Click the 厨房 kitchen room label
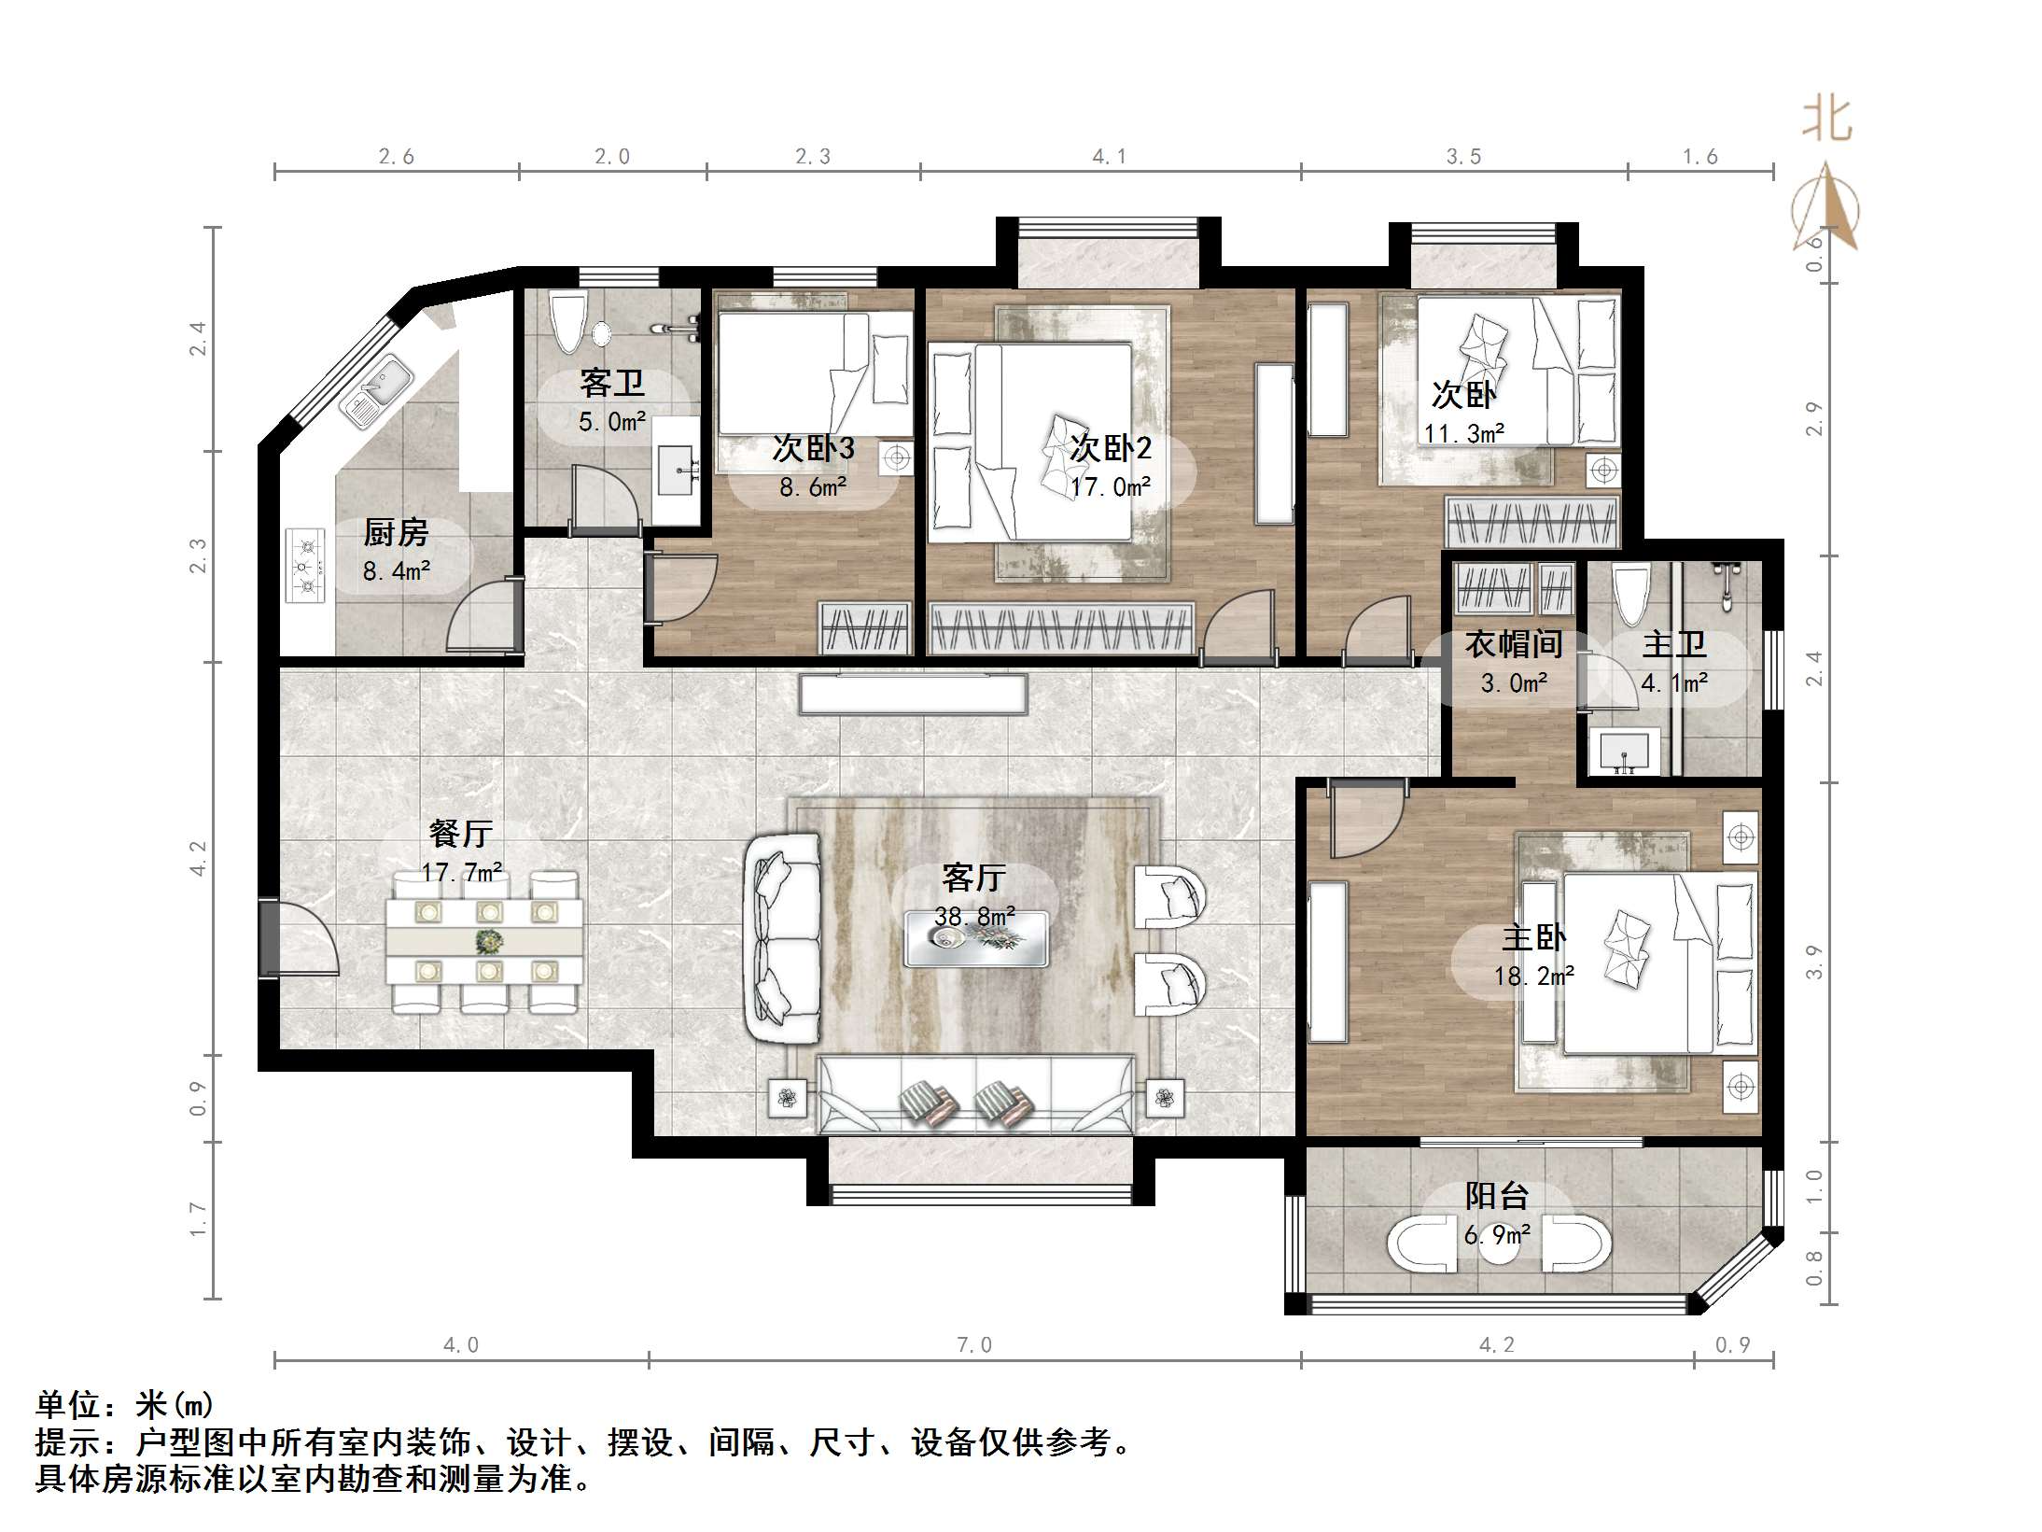pyautogui.click(x=396, y=533)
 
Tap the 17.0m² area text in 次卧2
pyautogui.click(x=1111, y=486)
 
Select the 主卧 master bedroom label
pyautogui.click(x=1534, y=937)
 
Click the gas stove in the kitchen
pyautogui.click(x=305, y=566)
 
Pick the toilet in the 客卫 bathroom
pyautogui.click(x=567, y=321)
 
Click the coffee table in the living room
pyautogui.click(x=976, y=938)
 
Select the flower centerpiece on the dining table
pyautogui.click(x=486, y=940)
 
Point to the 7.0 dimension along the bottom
pyautogui.click(x=974, y=1344)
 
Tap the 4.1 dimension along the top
pyautogui.click(x=1110, y=157)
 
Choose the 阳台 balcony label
pyautogui.click(x=1497, y=1196)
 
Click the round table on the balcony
pyautogui.click(x=1500, y=1242)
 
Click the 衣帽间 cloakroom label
pyautogui.click(x=1513, y=644)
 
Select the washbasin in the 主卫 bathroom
pyautogui.click(x=1625, y=750)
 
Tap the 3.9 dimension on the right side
pyautogui.click(x=1813, y=963)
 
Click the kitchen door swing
pyautogui.click(x=483, y=614)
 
